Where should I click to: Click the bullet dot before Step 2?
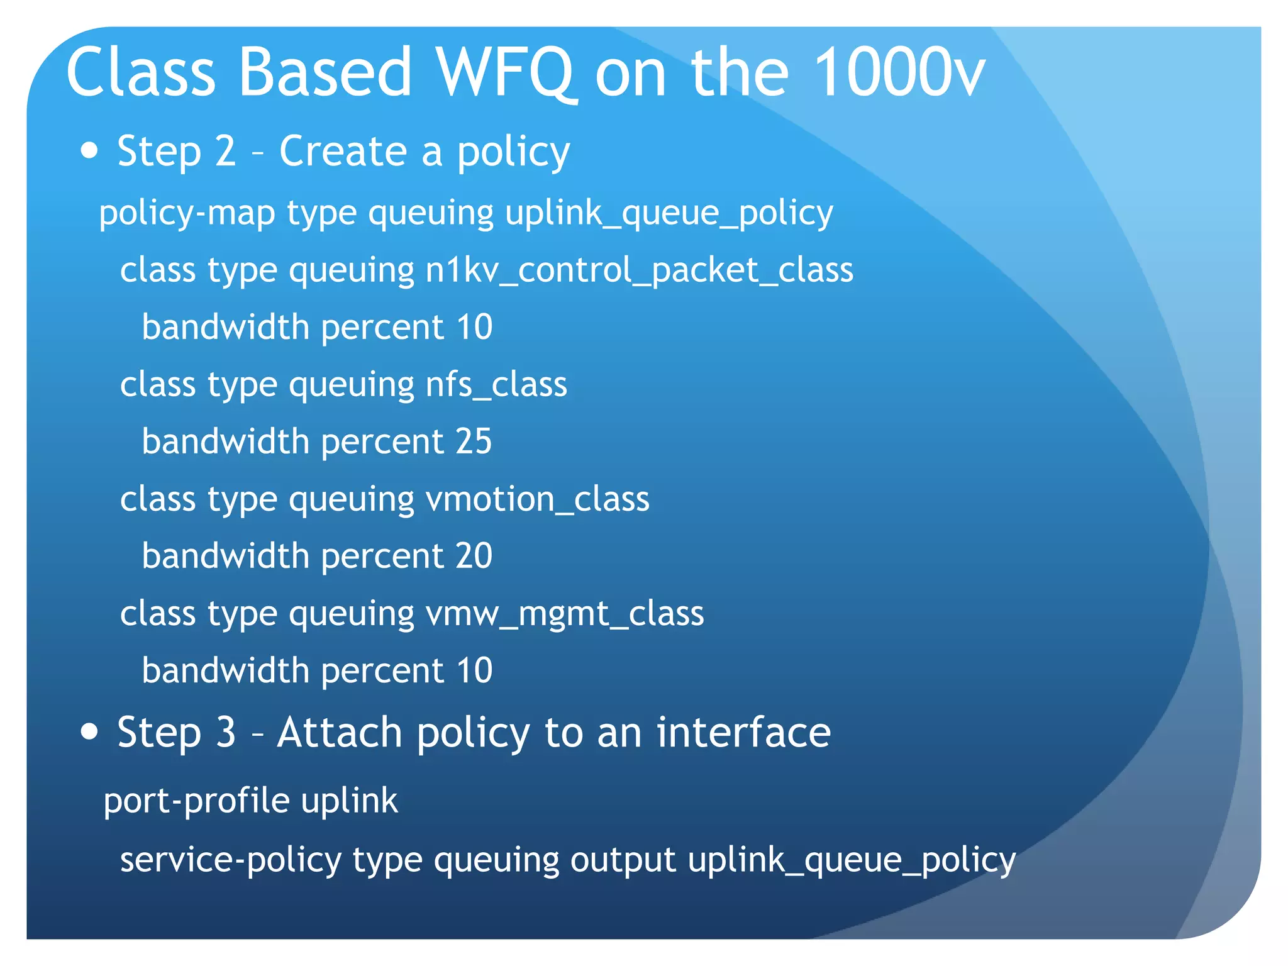click(x=90, y=151)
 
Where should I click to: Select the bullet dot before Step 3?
click(x=90, y=731)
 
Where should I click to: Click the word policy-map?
click(x=187, y=214)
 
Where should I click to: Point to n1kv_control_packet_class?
click(x=639, y=270)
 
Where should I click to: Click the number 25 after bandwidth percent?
click(x=474, y=441)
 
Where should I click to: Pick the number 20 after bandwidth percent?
click(x=474, y=556)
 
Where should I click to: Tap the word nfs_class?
click(x=496, y=384)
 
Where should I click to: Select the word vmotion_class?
click(x=537, y=499)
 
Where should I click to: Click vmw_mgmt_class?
click(x=564, y=614)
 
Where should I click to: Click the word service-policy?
click(x=230, y=860)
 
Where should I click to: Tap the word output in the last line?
click(x=623, y=860)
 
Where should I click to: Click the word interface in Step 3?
click(x=743, y=733)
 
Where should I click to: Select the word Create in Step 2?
click(x=343, y=152)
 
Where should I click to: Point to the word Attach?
click(x=340, y=733)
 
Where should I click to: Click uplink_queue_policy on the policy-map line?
click(x=669, y=214)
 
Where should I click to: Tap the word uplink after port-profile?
click(x=349, y=801)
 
